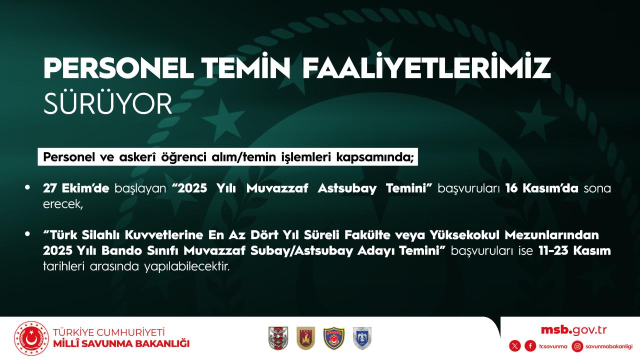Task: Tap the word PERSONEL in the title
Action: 118,68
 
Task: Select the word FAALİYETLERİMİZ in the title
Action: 426,65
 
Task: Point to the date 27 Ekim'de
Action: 76,188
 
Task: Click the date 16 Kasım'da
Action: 541,188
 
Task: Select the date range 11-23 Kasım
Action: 574,251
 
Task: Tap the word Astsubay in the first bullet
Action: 347,189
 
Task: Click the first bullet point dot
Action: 27,187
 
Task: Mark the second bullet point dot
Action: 27,234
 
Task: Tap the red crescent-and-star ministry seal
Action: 31,338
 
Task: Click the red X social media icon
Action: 515,346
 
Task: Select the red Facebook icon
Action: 530,346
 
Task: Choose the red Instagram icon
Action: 577,346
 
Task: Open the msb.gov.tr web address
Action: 573,330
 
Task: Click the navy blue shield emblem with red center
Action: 333,338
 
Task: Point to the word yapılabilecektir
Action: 187,267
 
